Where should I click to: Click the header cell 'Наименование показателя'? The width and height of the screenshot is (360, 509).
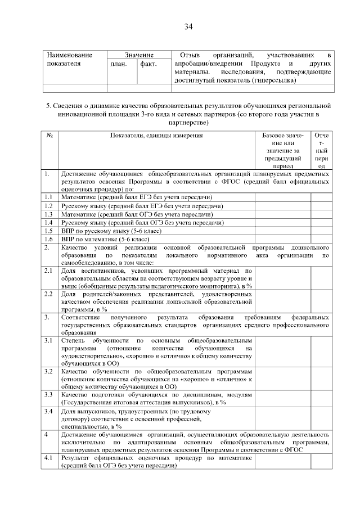click(x=69, y=60)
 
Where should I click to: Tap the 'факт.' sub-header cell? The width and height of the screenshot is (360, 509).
click(x=148, y=64)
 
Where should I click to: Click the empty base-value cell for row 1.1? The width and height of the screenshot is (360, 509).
click(x=282, y=197)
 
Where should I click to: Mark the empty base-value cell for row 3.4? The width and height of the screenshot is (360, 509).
click(x=282, y=418)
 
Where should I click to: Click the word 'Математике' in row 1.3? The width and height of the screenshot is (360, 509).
click(x=78, y=214)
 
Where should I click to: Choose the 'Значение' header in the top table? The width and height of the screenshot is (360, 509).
click(x=139, y=55)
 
